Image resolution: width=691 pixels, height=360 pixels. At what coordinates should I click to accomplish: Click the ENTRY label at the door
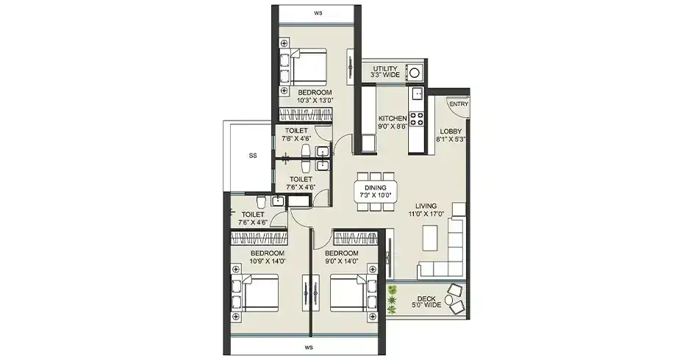[459, 104]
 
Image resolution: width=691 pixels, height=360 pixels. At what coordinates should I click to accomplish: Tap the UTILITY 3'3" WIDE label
[384, 72]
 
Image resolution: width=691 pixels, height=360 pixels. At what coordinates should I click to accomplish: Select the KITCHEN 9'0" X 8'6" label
[393, 122]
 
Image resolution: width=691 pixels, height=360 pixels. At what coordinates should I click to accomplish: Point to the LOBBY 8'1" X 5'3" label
[451, 134]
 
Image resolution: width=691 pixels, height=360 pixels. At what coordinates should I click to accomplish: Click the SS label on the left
[253, 156]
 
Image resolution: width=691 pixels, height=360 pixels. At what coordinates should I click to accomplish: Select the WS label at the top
[318, 13]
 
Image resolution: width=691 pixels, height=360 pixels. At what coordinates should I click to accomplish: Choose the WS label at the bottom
[309, 345]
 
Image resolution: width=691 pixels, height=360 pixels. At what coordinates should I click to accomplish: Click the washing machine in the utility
[415, 72]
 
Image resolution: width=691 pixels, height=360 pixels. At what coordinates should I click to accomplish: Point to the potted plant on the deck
[392, 298]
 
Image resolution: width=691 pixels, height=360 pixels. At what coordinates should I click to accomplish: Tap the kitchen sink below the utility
[417, 93]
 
